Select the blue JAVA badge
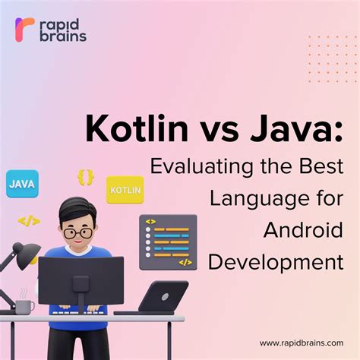21,183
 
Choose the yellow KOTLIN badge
125,189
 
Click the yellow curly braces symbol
85,177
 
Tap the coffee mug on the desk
25,306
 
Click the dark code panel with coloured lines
168,242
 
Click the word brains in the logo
65,36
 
